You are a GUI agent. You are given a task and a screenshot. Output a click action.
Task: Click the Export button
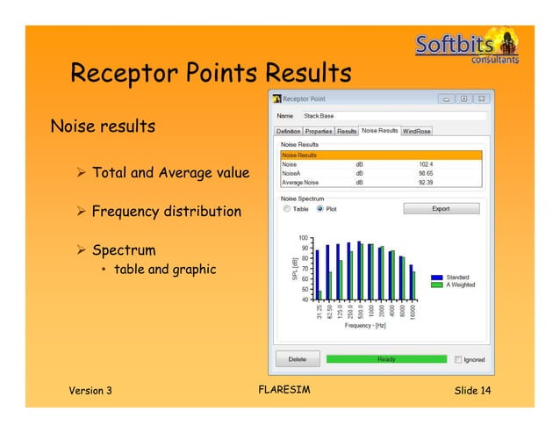point(442,209)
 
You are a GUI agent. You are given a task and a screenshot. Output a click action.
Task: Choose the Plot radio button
point(319,209)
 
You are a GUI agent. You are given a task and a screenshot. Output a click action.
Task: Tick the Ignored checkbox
point(458,359)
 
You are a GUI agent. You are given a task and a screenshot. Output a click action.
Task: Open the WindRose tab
point(417,131)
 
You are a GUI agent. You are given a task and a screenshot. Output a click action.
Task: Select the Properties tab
point(319,131)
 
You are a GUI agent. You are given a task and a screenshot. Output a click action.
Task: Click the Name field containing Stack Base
point(392,115)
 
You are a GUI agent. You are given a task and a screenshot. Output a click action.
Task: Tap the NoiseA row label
point(291,172)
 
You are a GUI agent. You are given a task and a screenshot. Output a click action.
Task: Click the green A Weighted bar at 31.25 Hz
point(320,294)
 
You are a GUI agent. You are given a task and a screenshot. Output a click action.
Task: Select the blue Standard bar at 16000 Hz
point(411,281)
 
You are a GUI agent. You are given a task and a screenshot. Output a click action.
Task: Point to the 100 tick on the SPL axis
point(304,238)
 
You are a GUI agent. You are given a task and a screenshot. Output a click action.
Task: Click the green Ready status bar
point(386,359)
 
